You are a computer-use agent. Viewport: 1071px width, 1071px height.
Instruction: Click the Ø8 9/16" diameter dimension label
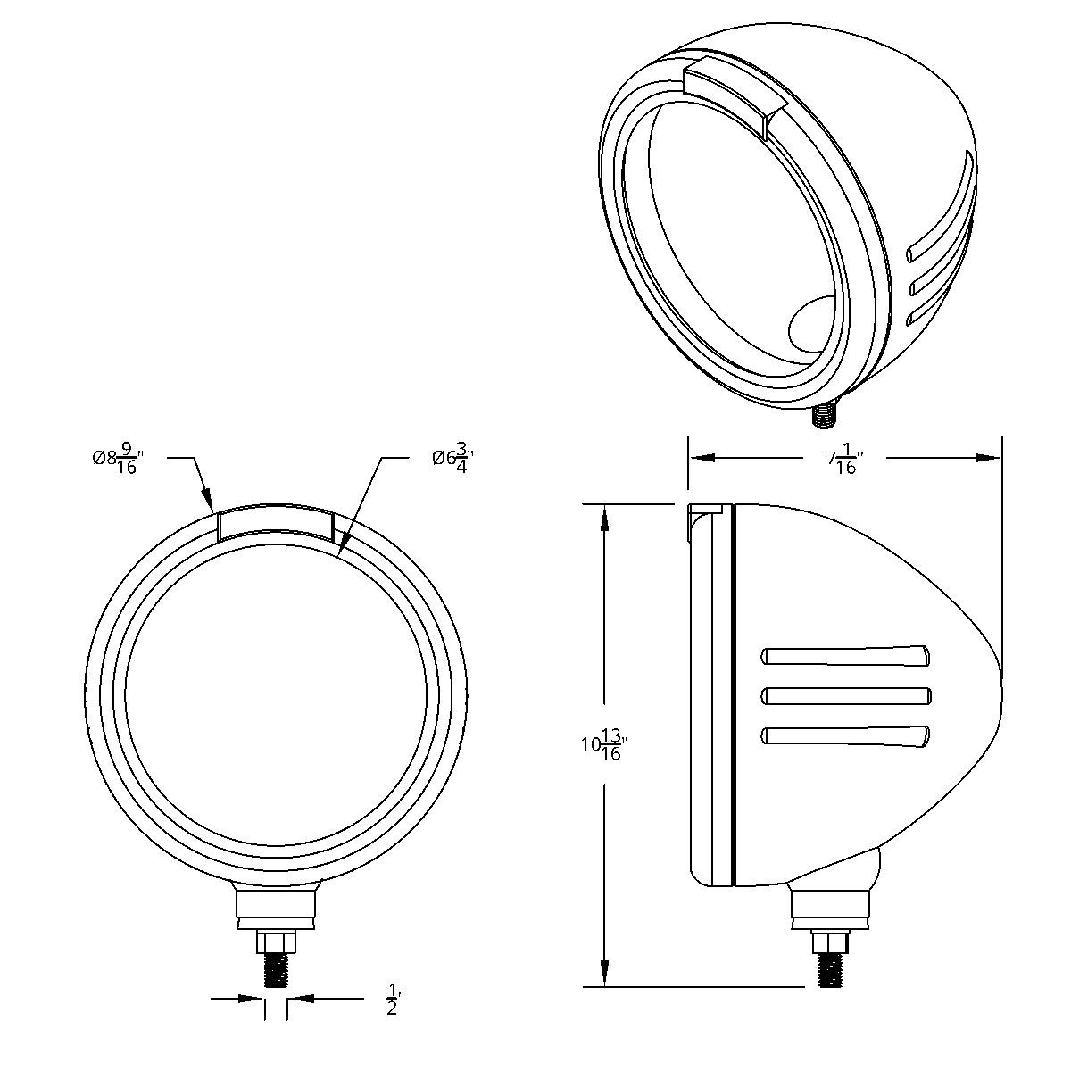coord(118,459)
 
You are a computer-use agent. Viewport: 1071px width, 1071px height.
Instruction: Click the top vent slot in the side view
coord(844,655)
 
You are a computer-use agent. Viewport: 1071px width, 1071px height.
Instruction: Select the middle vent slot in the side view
coord(844,695)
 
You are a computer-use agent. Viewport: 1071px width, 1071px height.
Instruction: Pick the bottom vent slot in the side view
coord(844,735)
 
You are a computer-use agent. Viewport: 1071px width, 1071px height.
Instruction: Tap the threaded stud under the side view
coord(831,970)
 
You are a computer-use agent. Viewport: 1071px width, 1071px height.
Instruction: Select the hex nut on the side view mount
coord(830,942)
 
